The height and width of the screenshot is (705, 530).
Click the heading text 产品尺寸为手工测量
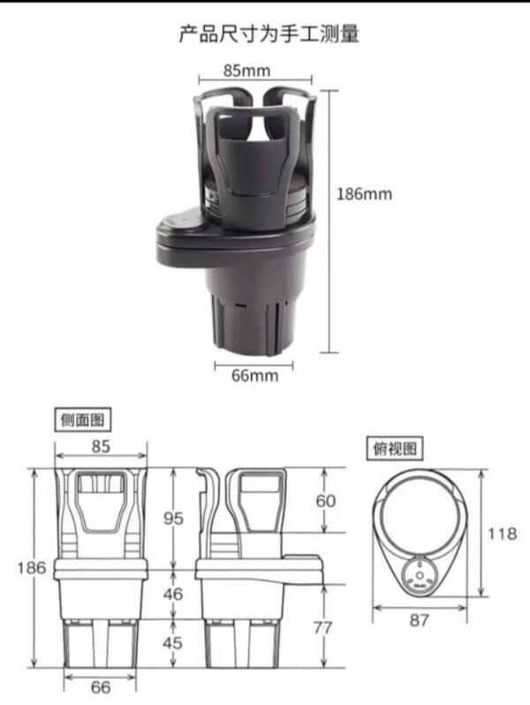click(269, 34)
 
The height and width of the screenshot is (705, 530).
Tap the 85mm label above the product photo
click(246, 70)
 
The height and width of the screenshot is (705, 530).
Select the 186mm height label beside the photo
click(364, 193)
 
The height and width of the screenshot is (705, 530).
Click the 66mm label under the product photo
click(254, 376)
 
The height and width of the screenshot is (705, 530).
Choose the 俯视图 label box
click(393, 449)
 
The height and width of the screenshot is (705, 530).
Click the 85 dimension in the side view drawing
click(101, 446)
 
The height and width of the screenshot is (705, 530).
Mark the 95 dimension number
click(173, 518)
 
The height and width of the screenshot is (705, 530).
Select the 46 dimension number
click(173, 594)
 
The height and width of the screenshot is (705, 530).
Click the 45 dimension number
click(173, 642)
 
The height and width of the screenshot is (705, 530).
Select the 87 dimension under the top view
click(420, 620)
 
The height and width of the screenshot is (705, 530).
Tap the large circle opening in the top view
click(420, 514)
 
